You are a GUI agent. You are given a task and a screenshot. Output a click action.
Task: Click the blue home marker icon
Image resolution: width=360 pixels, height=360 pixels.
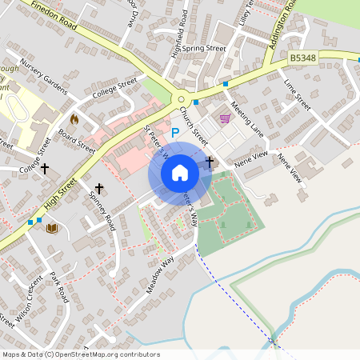[x=180, y=173]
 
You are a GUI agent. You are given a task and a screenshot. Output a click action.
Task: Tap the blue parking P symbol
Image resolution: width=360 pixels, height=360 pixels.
[x=176, y=132]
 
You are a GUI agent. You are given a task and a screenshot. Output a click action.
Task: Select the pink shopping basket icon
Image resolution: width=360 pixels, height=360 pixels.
[x=225, y=118]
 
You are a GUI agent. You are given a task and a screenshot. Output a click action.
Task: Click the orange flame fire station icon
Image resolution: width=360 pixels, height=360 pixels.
[x=74, y=119]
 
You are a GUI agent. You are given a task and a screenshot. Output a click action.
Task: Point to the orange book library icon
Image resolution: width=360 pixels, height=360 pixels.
[x=52, y=228]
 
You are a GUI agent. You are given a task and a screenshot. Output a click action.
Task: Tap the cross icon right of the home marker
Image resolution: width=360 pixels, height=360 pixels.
[x=210, y=162]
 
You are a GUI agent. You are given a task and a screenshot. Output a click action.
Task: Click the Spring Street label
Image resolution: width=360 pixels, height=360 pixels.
[x=204, y=48]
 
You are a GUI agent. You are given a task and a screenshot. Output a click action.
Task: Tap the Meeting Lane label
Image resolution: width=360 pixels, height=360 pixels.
[x=246, y=117]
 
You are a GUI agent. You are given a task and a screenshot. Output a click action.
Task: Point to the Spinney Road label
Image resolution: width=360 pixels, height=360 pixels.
[x=102, y=211]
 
